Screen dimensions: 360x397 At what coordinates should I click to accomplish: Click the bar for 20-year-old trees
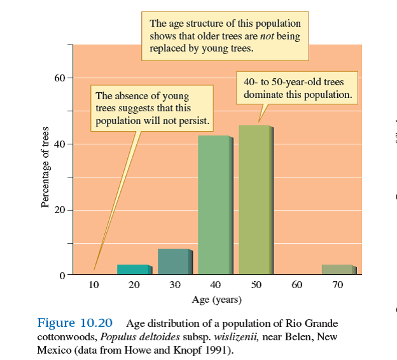[x=134, y=270]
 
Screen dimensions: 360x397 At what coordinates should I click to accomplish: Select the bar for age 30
[x=174, y=261]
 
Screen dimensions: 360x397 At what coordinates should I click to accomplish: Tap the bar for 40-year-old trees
[x=215, y=205]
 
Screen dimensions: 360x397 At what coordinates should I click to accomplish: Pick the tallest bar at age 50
[x=256, y=200]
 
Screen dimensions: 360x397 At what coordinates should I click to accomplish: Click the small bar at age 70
[x=338, y=270]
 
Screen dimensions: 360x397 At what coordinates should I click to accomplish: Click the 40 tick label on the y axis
[x=59, y=144]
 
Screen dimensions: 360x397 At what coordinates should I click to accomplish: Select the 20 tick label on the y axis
[x=59, y=210]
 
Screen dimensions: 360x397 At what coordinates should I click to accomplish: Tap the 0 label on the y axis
[x=62, y=275]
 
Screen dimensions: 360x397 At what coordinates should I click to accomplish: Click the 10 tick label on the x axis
[x=94, y=285]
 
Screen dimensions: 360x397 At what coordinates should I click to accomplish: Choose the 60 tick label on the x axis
[x=297, y=285]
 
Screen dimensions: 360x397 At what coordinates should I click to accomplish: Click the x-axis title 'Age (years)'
[x=216, y=299]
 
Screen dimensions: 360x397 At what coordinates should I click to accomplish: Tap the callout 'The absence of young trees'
[x=151, y=108]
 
